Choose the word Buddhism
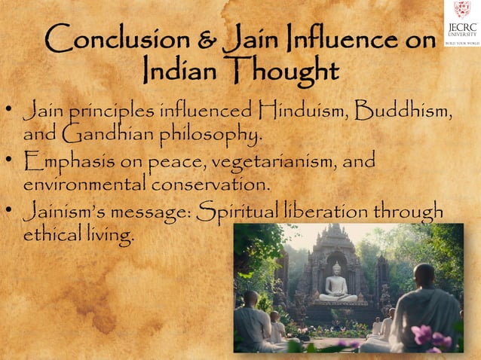407,112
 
